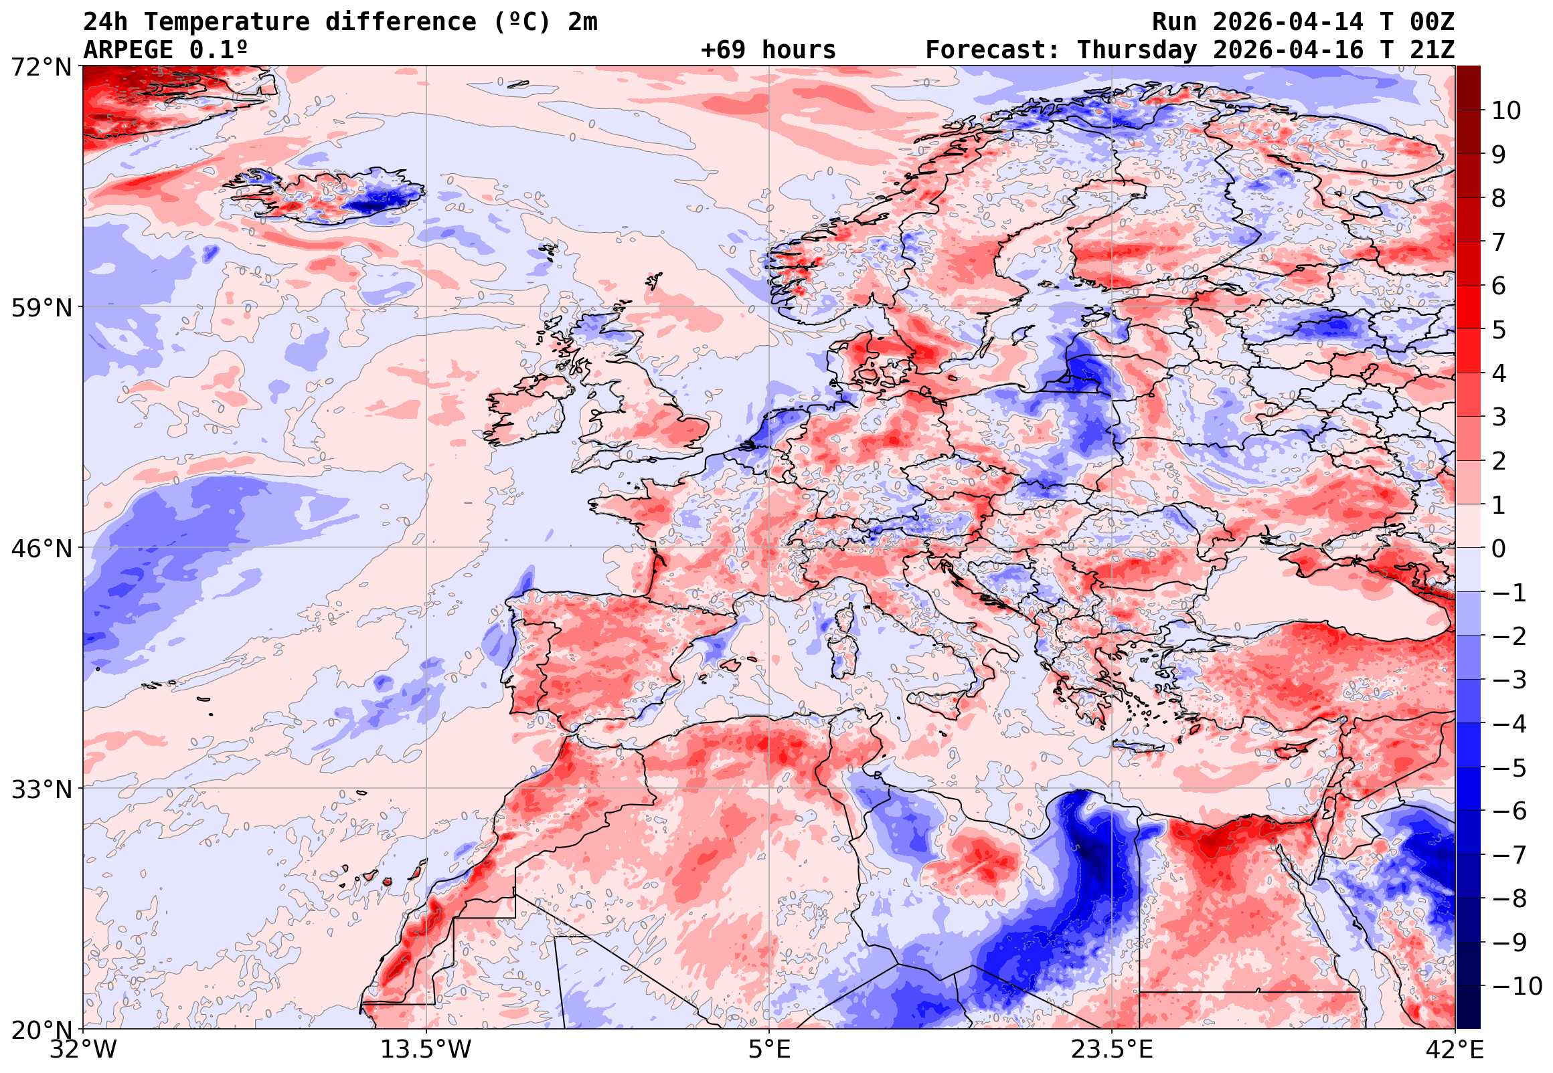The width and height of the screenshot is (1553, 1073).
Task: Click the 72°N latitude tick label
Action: coord(41,66)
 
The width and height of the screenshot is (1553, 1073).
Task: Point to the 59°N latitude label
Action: coord(41,308)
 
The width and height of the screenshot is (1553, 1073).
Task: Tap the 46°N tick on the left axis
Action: coord(41,549)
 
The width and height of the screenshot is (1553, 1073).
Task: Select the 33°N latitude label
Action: coord(41,789)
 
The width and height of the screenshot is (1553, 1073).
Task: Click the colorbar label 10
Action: coord(1506,110)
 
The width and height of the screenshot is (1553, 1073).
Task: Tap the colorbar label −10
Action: coord(1516,986)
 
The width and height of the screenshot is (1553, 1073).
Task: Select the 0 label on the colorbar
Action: coord(1499,549)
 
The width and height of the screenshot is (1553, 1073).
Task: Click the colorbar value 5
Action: coord(1499,330)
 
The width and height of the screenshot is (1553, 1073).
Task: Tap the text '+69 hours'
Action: coord(768,50)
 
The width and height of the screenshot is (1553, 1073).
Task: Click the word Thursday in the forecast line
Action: coord(1137,50)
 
